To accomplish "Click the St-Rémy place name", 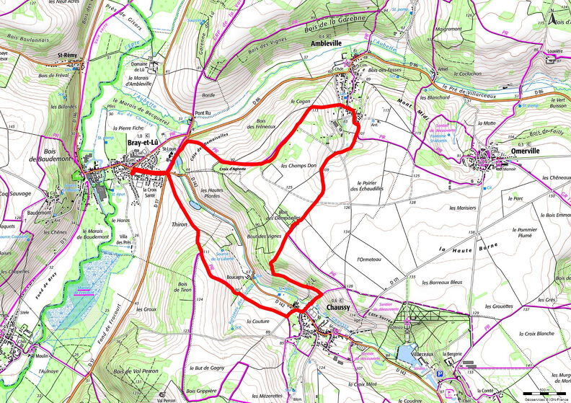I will pyautogui.click(x=68, y=54).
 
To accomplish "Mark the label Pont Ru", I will pyautogui.click(x=204, y=113).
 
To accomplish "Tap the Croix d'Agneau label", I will pyautogui.click(x=233, y=168).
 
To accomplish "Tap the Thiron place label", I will pyautogui.click(x=180, y=225).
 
